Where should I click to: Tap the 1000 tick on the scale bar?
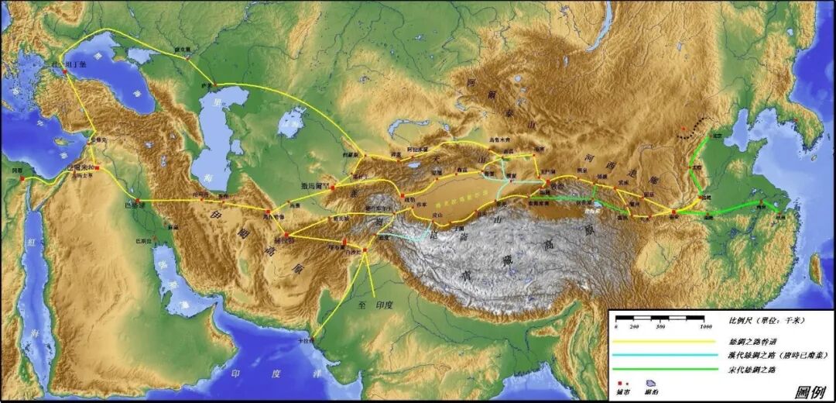tap(703, 327)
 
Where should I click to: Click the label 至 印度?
tap(375, 305)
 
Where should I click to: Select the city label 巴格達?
tap(134, 206)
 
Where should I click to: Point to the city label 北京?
tap(717, 136)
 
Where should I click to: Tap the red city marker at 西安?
tap(674, 211)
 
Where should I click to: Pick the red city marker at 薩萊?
tap(214, 84)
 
